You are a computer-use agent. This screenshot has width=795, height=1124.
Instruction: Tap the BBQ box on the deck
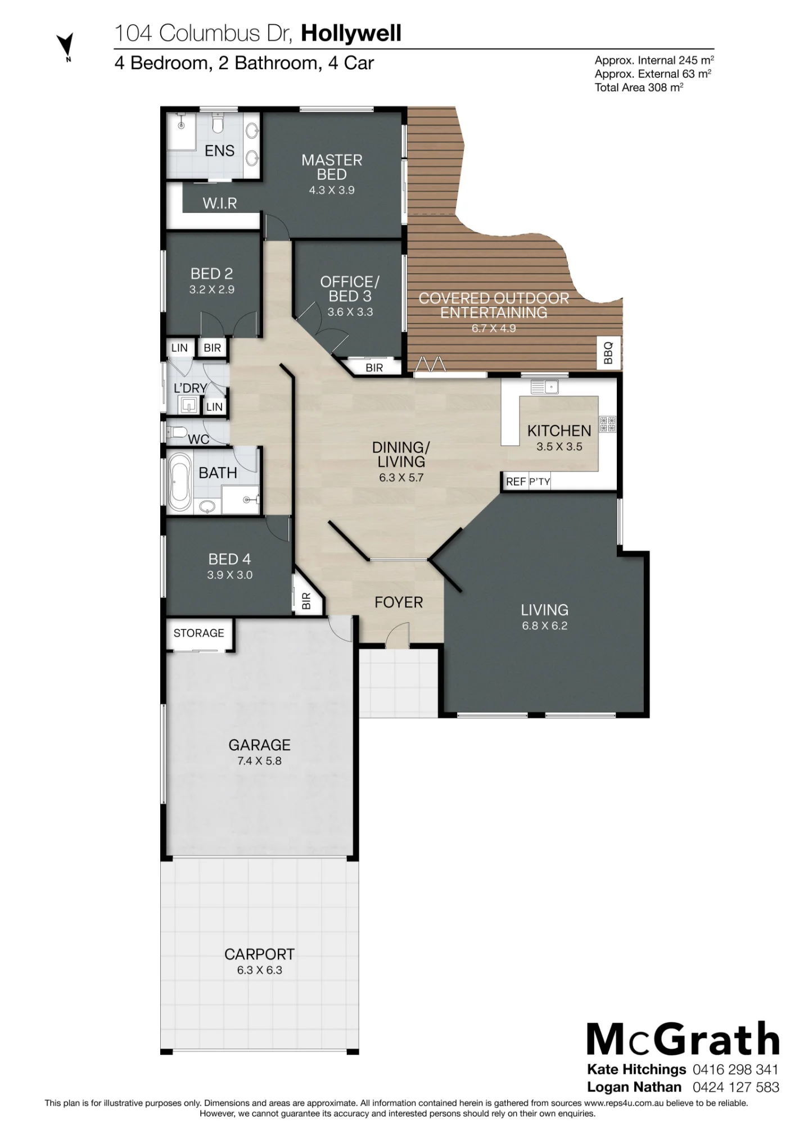tap(608, 353)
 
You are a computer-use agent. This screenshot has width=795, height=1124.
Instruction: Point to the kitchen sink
tap(544, 387)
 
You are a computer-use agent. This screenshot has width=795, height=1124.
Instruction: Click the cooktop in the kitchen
tap(607, 424)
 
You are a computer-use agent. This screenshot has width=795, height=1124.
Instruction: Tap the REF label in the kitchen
tap(516, 482)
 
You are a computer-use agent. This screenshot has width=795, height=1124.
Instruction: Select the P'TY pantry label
tap(539, 482)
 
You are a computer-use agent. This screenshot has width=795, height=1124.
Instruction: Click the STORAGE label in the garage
tap(198, 633)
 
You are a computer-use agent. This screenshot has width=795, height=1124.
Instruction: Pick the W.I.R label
tap(220, 203)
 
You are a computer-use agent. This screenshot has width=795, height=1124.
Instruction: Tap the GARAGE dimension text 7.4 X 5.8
tap(259, 761)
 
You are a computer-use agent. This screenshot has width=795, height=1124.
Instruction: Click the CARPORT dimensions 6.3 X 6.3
tap(259, 971)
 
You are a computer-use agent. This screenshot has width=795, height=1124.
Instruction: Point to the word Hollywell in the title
tap(351, 34)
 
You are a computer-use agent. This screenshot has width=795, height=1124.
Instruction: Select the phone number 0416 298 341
tap(736, 1069)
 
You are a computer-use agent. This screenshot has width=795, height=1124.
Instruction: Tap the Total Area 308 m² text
tap(639, 87)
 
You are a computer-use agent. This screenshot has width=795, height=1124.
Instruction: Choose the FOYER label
tap(399, 602)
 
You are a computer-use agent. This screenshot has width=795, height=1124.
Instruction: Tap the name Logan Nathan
tap(634, 1087)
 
